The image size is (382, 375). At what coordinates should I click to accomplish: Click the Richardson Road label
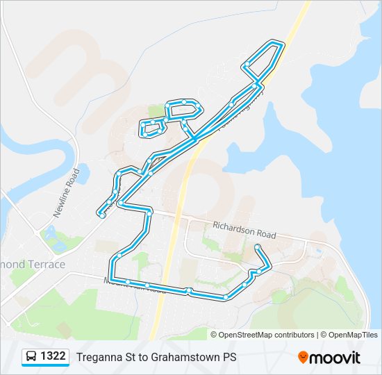(x=244, y=230)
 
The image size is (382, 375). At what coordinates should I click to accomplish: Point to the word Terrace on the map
(x=47, y=265)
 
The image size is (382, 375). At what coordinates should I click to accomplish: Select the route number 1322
(x=53, y=357)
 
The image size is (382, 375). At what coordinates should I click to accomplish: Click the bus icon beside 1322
(x=31, y=357)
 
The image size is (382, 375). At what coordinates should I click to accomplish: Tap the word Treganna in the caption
(x=101, y=357)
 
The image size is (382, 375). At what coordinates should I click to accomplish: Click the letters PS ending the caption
(x=229, y=357)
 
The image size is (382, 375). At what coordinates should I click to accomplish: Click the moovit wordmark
(x=335, y=358)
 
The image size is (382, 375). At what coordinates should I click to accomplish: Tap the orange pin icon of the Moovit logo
(x=303, y=358)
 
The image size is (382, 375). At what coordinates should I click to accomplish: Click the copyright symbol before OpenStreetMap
(x=214, y=335)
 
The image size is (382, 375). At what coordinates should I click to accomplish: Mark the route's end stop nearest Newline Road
(x=103, y=215)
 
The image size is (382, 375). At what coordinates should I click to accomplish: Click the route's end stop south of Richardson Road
(x=258, y=247)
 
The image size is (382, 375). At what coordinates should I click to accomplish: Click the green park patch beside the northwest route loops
(x=157, y=111)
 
